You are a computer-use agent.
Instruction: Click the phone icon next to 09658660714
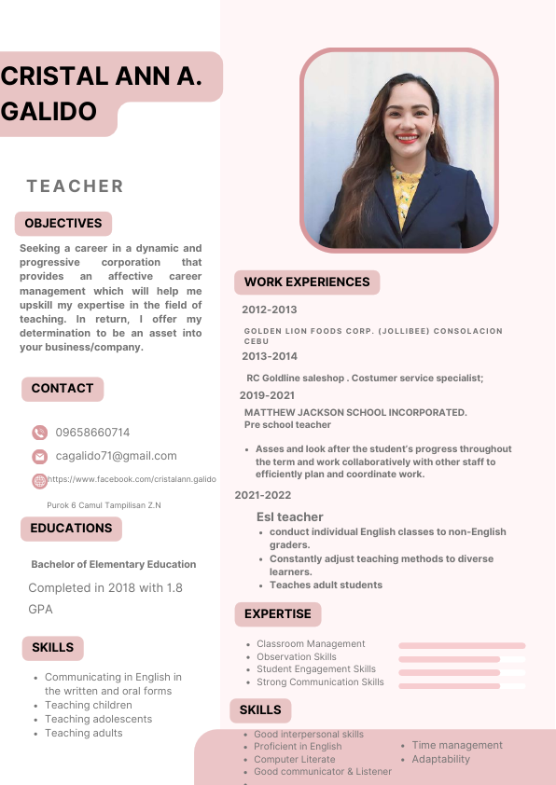pyautogui.click(x=39, y=433)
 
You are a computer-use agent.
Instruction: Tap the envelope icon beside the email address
pyautogui.click(x=39, y=457)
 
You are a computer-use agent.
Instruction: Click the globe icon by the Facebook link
pyautogui.click(x=39, y=481)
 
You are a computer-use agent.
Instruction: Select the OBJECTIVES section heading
pyautogui.click(x=63, y=224)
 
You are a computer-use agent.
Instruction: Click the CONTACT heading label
pyautogui.click(x=63, y=389)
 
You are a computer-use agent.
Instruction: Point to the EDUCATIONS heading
pyautogui.click(x=71, y=529)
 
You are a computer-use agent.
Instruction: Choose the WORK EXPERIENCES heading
pyautogui.click(x=307, y=282)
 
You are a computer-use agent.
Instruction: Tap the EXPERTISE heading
pyautogui.click(x=277, y=614)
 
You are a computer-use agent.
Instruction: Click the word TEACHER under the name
pyautogui.click(x=76, y=186)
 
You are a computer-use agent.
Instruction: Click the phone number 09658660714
pyautogui.click(x=92, y=433)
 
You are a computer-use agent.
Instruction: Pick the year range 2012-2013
pyautogui.click(x=269, y=310)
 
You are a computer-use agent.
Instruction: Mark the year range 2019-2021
pyautogui.click(x=267, y=395)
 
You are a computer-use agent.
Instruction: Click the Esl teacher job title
pyautogui.click(x=289, y=516)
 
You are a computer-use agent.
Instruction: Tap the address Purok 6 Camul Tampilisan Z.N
pyautogui.click(x=104, y=505)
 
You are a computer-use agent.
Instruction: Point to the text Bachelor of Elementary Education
pyautogui.click(x=113, y=564)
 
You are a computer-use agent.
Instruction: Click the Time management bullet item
pyautogui.click(x=457, y=745)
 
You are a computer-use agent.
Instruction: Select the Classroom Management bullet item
pyautogui.click(x=311, y=644)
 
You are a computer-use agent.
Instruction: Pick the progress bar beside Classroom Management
pyautogui.click(x=462, y=645)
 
